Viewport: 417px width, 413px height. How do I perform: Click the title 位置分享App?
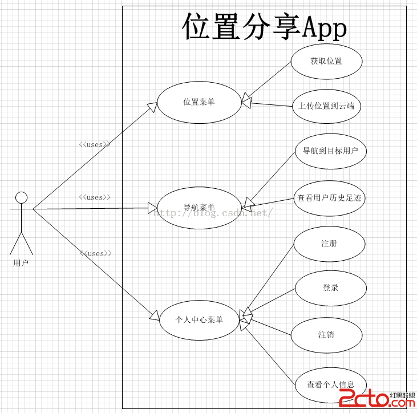pyautogui.click(x=264, y=27)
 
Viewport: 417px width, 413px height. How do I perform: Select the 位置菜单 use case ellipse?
pyautogui.click(x=199, y=102)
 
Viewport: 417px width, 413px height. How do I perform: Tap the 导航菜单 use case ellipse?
pyautogui.click(x=199, y=208)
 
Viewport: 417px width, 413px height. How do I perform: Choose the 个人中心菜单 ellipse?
pyautogui.click(x=199, y=319)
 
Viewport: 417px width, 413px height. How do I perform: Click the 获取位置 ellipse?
pyautogui.click(x=326, y=61)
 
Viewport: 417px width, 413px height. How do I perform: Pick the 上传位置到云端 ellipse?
pyautogui.click(x=326, y=106)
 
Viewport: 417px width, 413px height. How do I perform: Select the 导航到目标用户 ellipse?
pyautogui.click(x=330, y=151)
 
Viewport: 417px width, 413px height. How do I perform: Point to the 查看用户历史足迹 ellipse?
pyautogui.click(x=330, y=198)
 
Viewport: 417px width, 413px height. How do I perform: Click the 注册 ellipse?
pyautogui.click(x=329, y=244)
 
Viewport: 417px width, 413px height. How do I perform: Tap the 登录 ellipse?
pyautogui.click(x=330, y=288)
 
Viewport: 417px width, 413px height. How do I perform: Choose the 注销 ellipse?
pyautogui.click(x=326, y=334)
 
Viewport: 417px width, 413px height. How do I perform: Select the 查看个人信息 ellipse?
pyautogui.click(x=330, y=384)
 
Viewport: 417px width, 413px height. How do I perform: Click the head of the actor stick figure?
pyautogui.click(x=21, y=197)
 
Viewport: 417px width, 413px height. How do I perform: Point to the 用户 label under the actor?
pyautogui.click(x=21, y=263)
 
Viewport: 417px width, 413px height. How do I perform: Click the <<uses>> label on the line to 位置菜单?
pyautogui.click(x=94, y=144)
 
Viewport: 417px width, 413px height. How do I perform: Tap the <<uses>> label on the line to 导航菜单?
pyautogui.click(x=94, y=197)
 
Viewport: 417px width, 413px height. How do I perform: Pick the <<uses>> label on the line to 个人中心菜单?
pyautogui.click(x=95, y=253)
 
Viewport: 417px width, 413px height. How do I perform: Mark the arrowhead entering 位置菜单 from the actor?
pyautogui.click(x=152, y=107)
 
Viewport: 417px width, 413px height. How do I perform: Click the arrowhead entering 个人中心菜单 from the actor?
pyautogui.click(x=154, y=315)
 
